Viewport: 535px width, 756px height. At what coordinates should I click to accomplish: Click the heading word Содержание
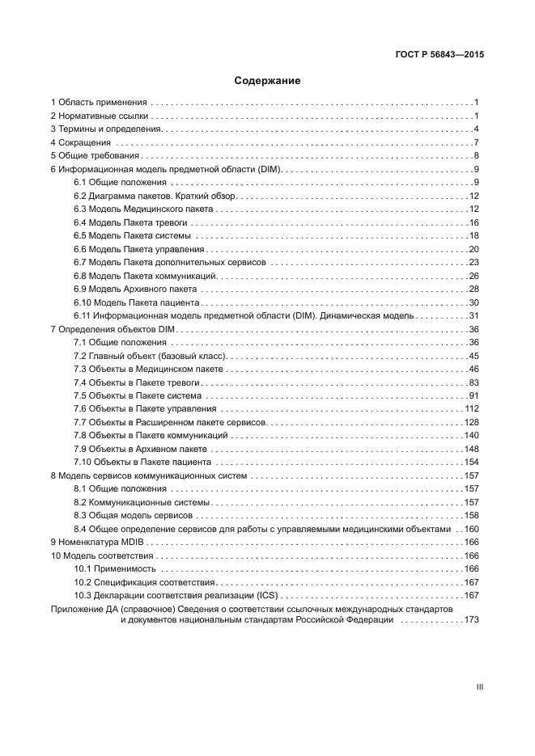(267, 81)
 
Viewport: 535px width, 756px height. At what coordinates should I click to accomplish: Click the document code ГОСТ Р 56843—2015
(434, 56)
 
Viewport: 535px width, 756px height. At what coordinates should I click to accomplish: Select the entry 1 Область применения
(99, 103)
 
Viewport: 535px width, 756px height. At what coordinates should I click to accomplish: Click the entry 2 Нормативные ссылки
(100, 116)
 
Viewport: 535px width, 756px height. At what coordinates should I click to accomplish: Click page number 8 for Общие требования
(478, 156)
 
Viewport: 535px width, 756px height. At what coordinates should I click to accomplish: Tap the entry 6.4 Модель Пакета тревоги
(130, 222)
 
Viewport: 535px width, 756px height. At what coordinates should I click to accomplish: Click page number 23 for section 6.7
(474, 262)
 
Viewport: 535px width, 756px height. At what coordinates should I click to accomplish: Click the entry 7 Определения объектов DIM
(113, 329)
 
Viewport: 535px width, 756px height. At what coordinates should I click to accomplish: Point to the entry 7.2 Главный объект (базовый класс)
(151, 356)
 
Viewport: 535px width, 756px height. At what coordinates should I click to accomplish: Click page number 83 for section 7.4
(474, 382)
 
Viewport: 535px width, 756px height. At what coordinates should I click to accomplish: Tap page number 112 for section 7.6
(472, 408)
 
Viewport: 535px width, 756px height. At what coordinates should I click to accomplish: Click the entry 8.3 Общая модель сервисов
(133, 515)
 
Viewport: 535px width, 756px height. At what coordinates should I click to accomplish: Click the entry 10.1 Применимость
(115, 568)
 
